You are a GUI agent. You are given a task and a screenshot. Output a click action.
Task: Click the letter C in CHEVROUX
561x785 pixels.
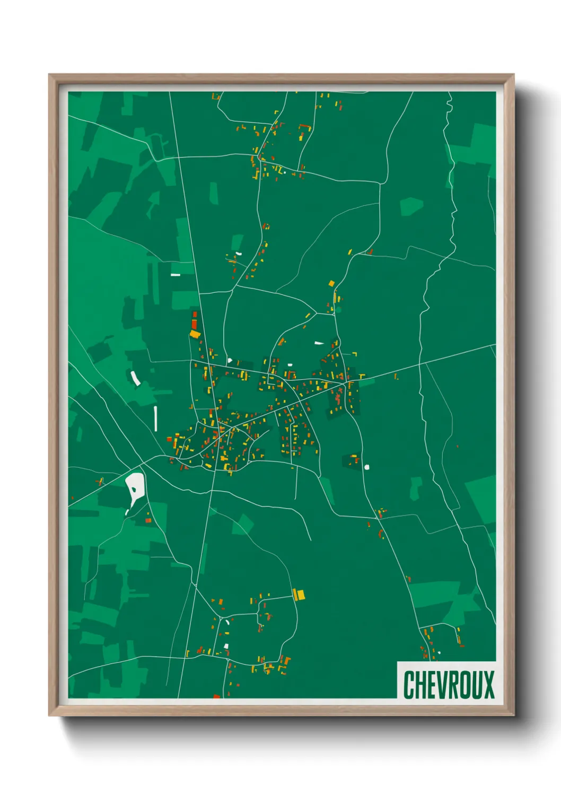tap(409, 685)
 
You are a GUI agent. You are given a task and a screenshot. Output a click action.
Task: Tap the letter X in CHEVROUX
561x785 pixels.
tap(488, 685)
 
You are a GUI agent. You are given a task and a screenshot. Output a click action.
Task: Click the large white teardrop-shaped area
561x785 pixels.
tap(134, 487)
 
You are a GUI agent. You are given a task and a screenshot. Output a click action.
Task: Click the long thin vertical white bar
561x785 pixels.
tap(155, 418)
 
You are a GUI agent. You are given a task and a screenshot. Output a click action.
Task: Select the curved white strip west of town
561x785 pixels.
tap(135, 378)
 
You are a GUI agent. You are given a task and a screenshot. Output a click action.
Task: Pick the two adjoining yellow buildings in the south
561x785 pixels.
tap(299, 595)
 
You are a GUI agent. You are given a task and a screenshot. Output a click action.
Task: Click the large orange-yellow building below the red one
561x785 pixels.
tap(195, 334)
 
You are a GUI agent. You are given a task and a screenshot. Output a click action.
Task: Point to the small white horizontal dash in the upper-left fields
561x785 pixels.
tap(175, 275)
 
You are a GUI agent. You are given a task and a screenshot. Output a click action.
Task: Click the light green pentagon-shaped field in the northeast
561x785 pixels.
tap(411, 206)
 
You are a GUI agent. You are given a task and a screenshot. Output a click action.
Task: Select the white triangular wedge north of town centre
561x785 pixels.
tap(319, 343)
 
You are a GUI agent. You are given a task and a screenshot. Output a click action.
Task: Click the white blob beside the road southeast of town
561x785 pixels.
tap(367, 467)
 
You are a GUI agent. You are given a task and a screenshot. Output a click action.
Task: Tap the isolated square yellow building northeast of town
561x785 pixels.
tap(332, 284)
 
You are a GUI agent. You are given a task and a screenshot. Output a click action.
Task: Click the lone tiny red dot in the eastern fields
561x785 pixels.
tap(457, 446)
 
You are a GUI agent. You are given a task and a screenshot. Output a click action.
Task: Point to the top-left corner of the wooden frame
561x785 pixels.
tap(49, 75)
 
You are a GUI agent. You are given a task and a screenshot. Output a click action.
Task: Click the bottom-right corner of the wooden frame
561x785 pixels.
tap(513, 716)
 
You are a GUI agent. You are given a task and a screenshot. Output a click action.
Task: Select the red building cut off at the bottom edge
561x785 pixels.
tap(216, 696)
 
